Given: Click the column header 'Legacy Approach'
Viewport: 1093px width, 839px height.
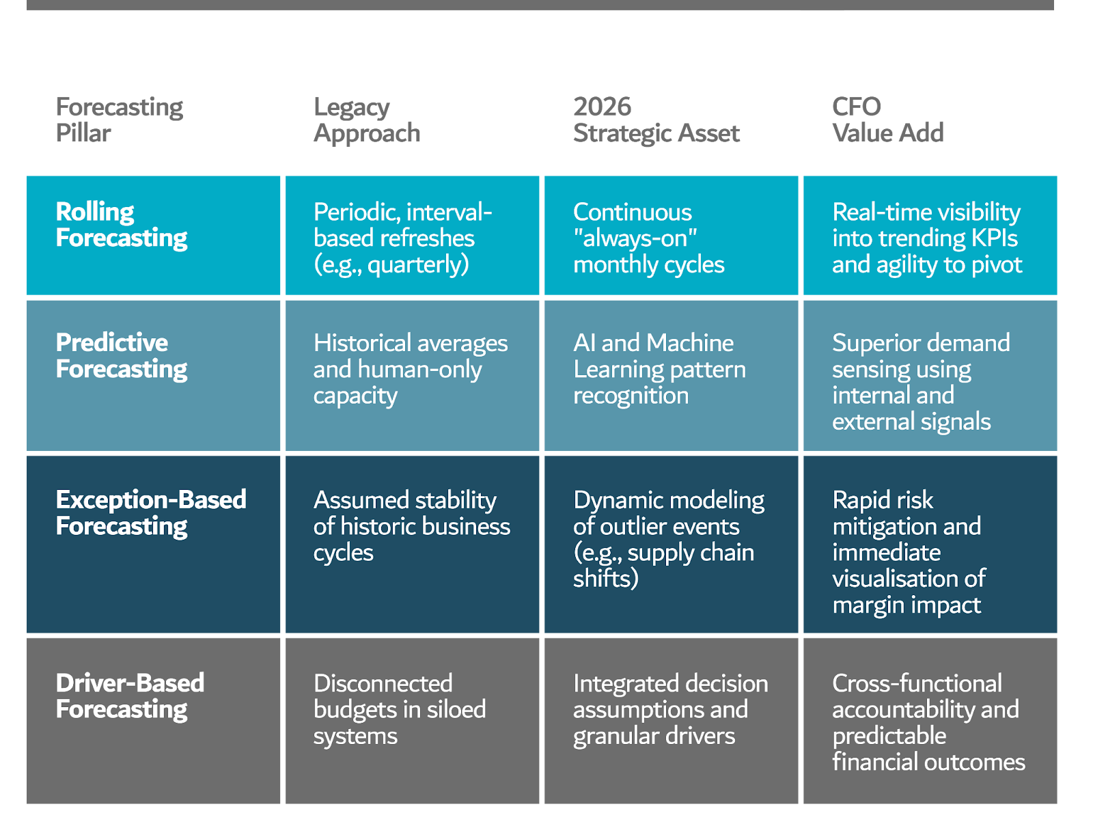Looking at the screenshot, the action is pos(367,120).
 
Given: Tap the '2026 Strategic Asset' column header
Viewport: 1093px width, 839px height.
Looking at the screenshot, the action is pos(656,120).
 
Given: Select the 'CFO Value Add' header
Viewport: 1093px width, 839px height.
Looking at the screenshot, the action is pos(887,120).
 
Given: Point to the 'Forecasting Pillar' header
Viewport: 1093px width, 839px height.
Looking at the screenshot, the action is pos(119,120).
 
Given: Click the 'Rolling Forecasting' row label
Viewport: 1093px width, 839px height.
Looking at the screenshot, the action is pos(121,225).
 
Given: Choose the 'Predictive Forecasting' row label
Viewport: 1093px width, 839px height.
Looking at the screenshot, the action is pos(121,355).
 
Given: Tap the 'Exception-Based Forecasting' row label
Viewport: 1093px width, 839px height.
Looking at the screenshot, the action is pos(150,512).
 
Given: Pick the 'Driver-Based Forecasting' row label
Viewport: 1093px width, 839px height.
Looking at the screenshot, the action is pos(130,696).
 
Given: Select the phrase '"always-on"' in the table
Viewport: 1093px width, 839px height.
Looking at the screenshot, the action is pos(635,238).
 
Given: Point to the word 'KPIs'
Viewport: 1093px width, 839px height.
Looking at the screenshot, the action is pos(990,238).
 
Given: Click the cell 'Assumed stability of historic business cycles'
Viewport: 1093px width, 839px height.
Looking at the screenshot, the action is pos(412,525).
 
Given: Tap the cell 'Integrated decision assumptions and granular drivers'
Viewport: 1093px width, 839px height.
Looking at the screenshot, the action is pos(670,709).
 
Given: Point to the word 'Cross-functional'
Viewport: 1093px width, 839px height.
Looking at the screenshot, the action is pos(917,683).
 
